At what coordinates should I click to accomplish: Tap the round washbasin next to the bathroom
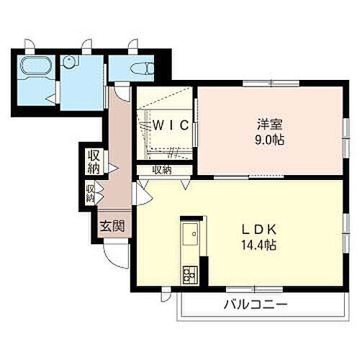(x=71, y=64)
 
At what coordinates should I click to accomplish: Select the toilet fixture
(x=142, y=68)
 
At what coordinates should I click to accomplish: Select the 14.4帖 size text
(x=257, y=245)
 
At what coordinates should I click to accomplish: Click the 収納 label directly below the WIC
(x=162, y=171)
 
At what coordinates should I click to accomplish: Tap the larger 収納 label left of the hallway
(x=94, y=161)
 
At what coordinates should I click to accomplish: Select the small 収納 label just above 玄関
(x=91, y=193)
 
